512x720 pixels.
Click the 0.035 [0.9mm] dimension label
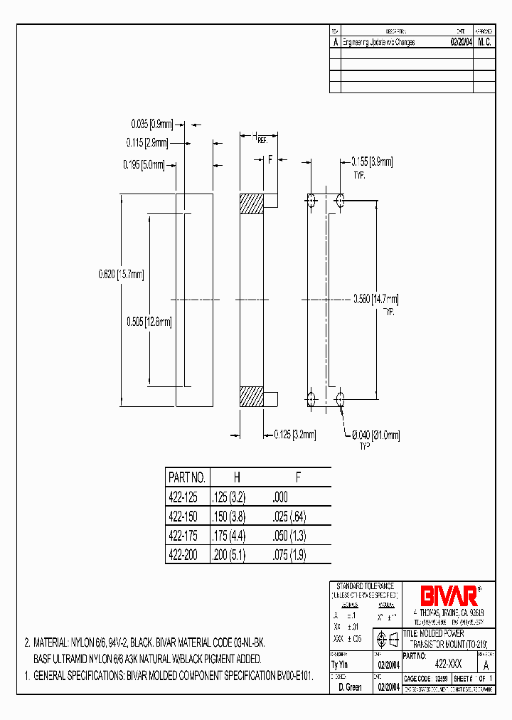(x=150, y=122)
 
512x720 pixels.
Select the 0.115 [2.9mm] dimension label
(x=147, y=142)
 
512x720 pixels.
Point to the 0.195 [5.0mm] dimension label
(x=144, y=165)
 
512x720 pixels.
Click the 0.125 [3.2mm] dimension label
(x=294, y=433)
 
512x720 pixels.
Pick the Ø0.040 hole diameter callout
(x=376, y=435)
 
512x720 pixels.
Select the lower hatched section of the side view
(x=251, y=396)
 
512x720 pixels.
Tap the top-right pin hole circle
(x=341, y=201)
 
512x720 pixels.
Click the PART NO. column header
(x=186, y=477)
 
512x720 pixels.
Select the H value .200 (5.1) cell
(x=228, y=555)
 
